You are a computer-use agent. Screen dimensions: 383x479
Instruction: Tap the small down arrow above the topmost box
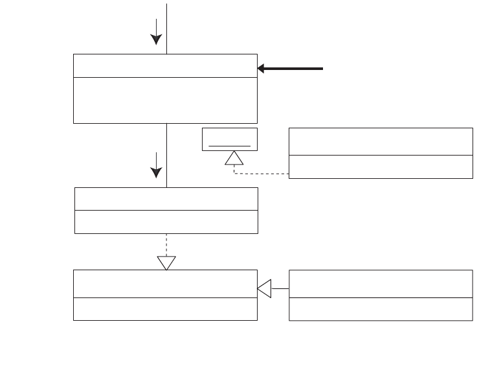[156, 32]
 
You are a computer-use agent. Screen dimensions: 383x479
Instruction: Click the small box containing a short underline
[230, 139]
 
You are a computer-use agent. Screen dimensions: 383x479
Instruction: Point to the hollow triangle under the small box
[234, 157]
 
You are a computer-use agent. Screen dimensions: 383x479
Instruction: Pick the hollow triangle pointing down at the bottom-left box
[166, 262]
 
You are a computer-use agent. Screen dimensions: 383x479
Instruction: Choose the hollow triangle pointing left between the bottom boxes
[264, 288]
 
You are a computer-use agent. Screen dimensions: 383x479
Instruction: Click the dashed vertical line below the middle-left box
[166, 244]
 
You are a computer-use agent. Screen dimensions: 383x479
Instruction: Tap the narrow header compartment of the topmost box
[165, 65]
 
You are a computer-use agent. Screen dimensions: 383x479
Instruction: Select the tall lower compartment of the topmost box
[165, 100]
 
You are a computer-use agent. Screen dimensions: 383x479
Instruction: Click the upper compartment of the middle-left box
[166, 199]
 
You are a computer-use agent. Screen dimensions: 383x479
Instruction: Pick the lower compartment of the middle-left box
[166, 222]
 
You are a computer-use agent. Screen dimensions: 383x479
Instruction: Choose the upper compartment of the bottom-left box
[165, 284]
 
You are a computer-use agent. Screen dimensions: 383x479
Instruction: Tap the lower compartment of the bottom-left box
[165, 309]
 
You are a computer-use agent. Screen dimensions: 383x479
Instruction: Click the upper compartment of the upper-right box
[381, 141]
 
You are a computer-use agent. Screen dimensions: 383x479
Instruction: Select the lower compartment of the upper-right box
[381, 167]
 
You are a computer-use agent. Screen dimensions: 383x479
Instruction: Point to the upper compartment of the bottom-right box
[381, 284]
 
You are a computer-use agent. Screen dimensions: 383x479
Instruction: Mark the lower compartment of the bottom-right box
[381, 309]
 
